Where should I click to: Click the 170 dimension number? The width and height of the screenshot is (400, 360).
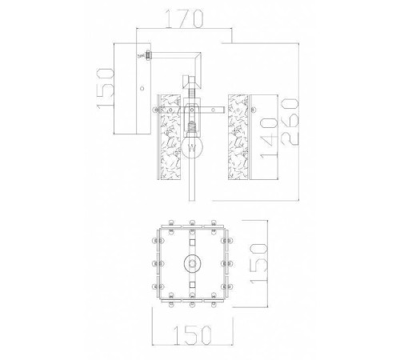[185, 18]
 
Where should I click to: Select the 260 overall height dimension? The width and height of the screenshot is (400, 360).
[290, 122]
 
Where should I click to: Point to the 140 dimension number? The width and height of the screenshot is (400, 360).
[270, 138]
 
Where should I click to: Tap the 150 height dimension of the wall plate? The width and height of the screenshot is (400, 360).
[105, 88]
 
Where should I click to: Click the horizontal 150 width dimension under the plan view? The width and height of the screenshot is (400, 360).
[192, 335]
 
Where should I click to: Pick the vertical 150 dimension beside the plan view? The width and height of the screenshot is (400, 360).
[258, 263]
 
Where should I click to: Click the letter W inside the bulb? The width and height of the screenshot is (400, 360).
[192, 147]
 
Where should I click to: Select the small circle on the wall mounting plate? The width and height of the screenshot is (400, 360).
[142, 88]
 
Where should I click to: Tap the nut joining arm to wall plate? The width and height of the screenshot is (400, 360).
[148, 55]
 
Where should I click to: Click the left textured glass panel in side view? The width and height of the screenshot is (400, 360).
[170, 137]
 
